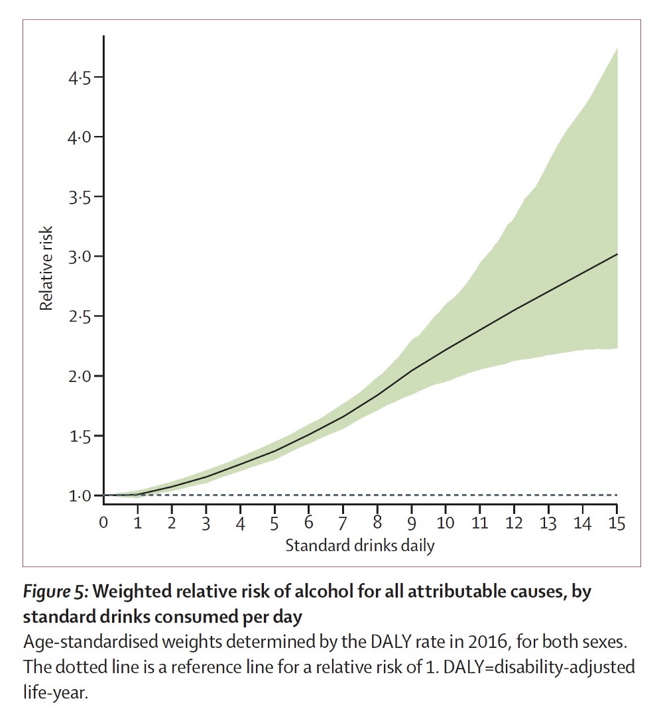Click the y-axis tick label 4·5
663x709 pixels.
[80, 78]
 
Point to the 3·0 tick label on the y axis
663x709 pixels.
[80, 257]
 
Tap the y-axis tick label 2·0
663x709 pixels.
[80, 376]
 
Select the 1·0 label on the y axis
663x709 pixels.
[80, 495]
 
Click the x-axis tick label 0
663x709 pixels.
[103, 523]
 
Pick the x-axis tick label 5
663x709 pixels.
[274, 523]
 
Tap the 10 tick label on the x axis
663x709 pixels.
[445, 523]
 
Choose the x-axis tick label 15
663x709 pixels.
[616, 523]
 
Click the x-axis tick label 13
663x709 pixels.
[548, 523]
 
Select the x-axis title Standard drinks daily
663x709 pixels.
[360, 546]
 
